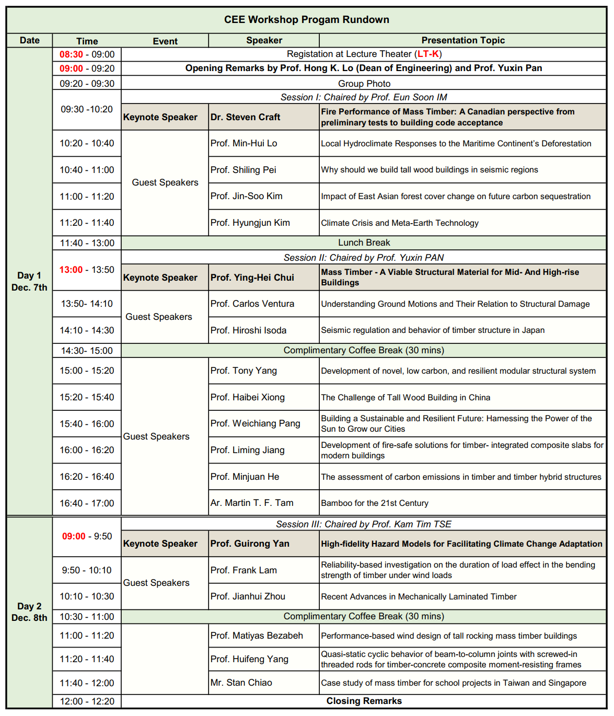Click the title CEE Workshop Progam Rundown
[307, 20]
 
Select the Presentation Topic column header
[463, 40]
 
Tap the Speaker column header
[264, 40]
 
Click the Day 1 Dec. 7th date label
[29, 281]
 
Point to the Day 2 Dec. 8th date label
[29, 612]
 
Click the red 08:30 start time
[71, 54]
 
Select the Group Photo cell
[364, 84]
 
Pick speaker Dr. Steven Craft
[246, 117]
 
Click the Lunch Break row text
[364, 242]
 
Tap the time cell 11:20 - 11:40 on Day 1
[87, 223]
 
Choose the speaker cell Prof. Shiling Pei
[244, 170]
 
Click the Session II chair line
[364, 258]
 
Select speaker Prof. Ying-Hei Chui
[252, 278]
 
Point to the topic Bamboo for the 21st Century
[375, 503]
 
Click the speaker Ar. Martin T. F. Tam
[252, 503]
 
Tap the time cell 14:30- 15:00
[87, 351]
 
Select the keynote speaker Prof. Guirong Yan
[250, 544]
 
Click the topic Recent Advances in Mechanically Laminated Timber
[419, 597]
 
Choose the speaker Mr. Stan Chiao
[241, 683]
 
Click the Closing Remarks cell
[364, 701]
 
